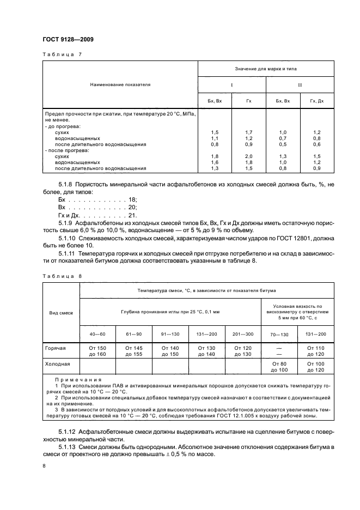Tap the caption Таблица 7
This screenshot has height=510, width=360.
62,55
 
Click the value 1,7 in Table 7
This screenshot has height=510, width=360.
249,132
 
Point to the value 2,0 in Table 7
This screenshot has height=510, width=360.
249,156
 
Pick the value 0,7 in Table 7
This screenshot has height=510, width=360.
283,138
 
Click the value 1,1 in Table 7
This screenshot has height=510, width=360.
214,138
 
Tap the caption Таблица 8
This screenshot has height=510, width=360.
62,276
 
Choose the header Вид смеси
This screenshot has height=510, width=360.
61,313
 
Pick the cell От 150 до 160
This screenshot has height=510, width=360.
97,350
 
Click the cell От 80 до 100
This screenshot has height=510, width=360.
279,366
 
